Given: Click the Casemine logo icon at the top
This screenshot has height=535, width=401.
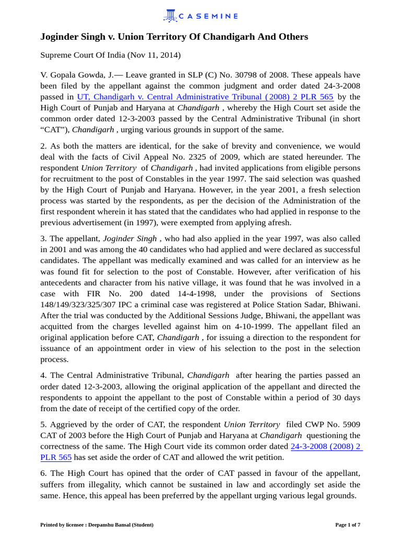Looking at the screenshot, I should pyautogui.click(x=170, y=16).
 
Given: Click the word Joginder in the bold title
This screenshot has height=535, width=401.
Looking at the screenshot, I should pyautogui.click(x=62, y=37).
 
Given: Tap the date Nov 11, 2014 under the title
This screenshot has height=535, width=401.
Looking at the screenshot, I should pyautogui.click(x=157, y=55).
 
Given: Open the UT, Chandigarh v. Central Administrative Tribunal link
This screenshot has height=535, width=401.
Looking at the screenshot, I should pyautogui.click(x=205, y=97).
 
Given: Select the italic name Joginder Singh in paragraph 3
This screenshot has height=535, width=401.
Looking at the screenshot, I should pyautogui.click(x=129, y=239).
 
